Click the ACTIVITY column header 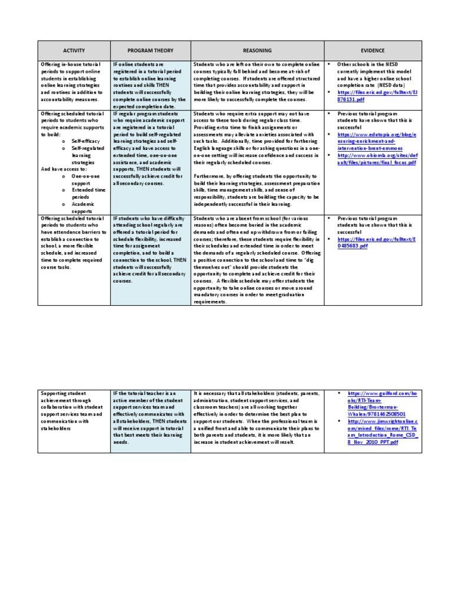[x=74, y=51]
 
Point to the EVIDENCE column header [x=373, y=51]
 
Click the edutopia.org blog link [x=377, y=141]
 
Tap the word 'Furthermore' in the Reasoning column [x=208, y=175]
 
